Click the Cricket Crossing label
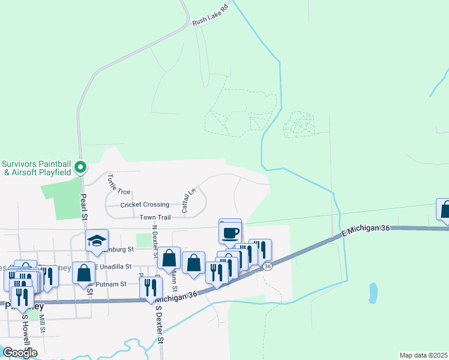pos(145,205)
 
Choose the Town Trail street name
pos(155,217)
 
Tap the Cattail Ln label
pos(188,200)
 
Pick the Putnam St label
pos(113,284)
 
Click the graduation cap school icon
pos(97,241)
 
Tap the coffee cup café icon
pos(231,232)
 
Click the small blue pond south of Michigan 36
pos(373,293)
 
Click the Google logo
pos(19,353)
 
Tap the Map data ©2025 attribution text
pos(423,355)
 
